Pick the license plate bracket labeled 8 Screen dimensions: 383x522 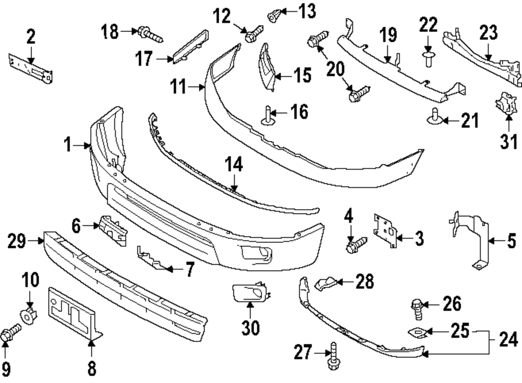pos(73,313)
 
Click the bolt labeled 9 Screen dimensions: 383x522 pos(10,333)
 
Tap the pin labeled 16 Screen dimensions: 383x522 pos(269,115)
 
